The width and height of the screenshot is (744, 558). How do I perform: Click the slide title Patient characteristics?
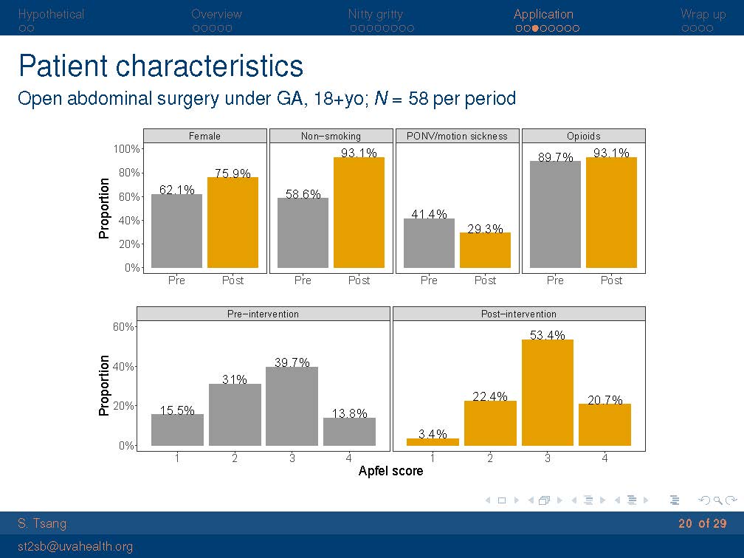(x=160, y=66)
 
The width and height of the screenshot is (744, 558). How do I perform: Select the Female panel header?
(x=204, y=136)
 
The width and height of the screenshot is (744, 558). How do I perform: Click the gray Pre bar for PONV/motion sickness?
(x=429, y=243)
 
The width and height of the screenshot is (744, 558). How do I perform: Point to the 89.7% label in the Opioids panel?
(x=556, y=157)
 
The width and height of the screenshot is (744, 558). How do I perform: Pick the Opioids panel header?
(x=583, y=136)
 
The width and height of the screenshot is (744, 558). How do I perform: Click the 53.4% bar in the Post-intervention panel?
(x=547, y=393)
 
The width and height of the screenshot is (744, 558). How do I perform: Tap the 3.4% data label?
(x=433, y=434)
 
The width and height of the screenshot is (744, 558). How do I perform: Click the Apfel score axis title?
(x=390, y=471)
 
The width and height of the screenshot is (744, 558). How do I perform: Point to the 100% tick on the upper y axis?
(x=126, y=149)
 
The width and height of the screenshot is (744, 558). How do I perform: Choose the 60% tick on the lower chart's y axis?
(x=123, y=327)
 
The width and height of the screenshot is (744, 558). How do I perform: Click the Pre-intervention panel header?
(x=263, y=314)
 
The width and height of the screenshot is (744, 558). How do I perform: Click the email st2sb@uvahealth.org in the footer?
(x=75, y=546)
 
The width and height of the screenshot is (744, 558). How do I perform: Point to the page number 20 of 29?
(x=702, y=523)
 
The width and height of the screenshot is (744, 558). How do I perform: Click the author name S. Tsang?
(x=42, y=523)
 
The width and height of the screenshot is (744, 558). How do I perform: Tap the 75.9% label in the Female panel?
(x=232, y=173)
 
